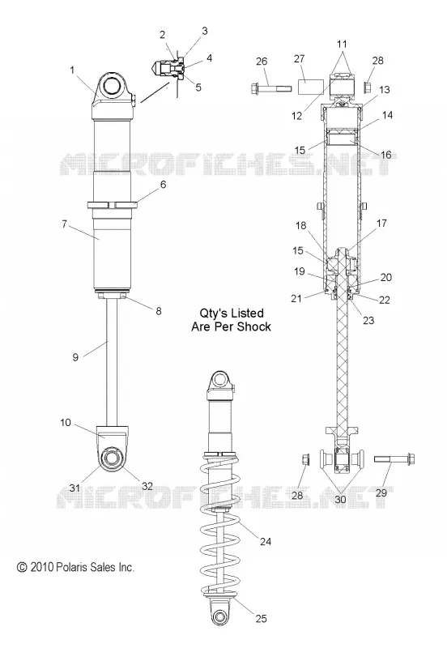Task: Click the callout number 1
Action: point(72,70)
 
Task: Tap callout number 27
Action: point(300,59)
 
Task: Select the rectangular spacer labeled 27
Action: point(311,87)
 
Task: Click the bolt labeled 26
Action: point(268,87)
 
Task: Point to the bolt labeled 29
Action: point(394,458)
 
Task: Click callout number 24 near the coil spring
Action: point(266,541)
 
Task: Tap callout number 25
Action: point(261,619)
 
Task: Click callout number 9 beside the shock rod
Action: point(75,356)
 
